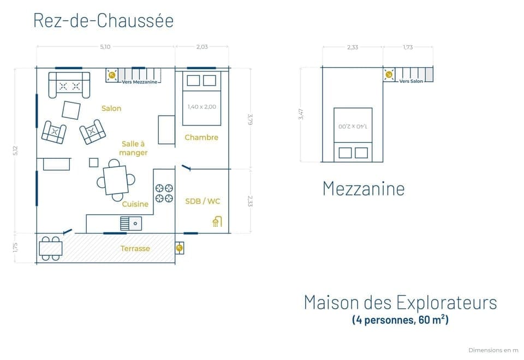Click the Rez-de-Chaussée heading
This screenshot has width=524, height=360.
tap(103, 20)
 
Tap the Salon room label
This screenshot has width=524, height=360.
tap(111, 109)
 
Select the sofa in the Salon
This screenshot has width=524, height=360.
tap(69, 85)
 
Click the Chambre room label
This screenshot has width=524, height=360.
tap(201, 137)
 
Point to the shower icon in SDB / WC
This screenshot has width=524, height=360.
tap(217, 221)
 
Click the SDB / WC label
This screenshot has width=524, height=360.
tap(203, 201)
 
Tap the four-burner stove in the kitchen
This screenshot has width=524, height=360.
tap(164, 193)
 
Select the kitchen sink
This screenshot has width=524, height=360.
tap(131, 223)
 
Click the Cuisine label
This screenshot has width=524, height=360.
tap(135, 204)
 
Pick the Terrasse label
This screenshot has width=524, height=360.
tap(135, 248)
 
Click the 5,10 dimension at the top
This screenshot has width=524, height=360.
tap(105, 47)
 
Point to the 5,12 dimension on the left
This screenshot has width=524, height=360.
tap(15, 150)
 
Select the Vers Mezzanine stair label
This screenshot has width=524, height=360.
tap(139, 82)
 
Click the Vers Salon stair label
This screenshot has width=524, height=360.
tap(411, 81)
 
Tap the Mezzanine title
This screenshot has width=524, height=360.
tap(364, 188)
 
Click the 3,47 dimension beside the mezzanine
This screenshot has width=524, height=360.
tap(301, 115)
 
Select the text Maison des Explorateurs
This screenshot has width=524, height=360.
tap(400, 302)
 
